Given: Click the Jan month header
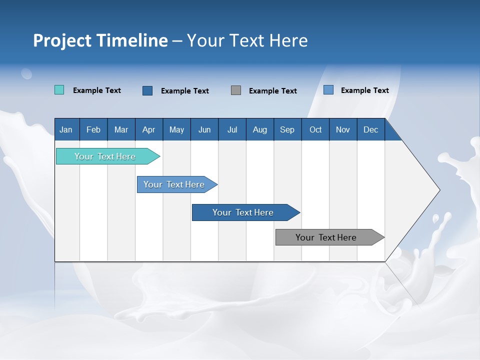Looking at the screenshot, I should coord(66,129).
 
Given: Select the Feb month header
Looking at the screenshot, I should coord(93,129).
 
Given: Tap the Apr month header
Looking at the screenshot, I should coord(148,129).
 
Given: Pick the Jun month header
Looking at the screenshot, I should coord(204,129).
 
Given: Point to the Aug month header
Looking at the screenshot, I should coord(259,129).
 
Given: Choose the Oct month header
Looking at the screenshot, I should coord(315,129).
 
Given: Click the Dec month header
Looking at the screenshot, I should coord(370,129).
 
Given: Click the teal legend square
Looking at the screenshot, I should coord(59,90).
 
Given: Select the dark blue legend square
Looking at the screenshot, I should coord(147,90).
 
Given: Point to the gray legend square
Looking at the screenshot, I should coord(236,90).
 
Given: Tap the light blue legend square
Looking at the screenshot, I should coord(328,90).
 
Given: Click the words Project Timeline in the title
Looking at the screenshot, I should coord(100,40).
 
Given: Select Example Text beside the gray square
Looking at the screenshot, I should coord(273,91).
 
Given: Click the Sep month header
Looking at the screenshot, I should coord(287,129).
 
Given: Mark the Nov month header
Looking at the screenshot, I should coord(343,129).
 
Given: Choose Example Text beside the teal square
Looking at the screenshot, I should coord(97,90).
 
